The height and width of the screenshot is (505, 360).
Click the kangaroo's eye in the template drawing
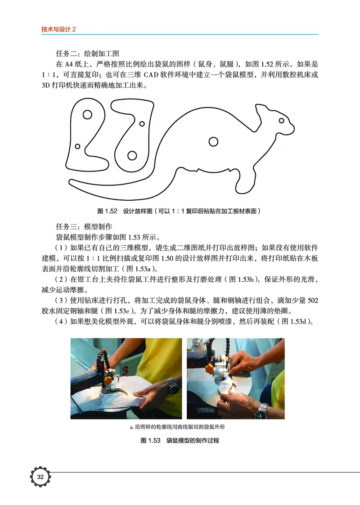281,121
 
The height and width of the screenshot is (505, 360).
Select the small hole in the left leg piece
77,146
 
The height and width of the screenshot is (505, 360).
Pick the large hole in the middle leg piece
132,155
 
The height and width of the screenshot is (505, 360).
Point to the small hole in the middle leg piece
142,123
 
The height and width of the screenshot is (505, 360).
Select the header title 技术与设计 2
59,29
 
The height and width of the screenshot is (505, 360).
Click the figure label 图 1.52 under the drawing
107,211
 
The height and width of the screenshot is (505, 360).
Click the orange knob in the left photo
108,380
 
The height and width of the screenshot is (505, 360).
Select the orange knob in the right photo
209,368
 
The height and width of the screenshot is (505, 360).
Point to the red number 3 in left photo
125,370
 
